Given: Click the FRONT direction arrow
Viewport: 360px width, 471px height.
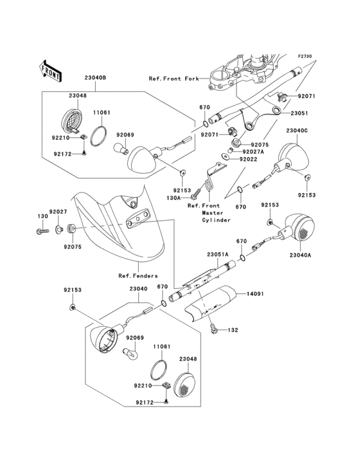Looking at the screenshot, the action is coord(50,71).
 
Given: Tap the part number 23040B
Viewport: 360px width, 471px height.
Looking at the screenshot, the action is coord(95,77).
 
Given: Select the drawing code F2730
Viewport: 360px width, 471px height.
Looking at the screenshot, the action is coord(305,56).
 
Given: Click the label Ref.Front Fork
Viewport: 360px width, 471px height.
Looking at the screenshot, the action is coord(174,78).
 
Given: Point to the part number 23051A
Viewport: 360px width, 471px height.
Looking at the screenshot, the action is coord(217,254).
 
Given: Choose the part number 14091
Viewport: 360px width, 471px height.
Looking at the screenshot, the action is coord(255,293).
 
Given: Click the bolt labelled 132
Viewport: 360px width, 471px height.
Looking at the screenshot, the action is coord(213,330).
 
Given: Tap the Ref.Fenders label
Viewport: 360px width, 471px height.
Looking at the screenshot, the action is coord(138,275).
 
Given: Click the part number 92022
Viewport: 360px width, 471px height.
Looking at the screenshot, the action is coord(248,159).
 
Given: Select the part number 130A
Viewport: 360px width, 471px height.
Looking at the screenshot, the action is coord(174,198).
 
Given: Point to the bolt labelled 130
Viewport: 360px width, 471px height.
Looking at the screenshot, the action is coord(42,231).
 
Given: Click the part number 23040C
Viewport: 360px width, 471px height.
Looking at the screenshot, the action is coord(297,131).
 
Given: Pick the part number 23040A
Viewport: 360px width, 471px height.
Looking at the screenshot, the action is coord(300,255).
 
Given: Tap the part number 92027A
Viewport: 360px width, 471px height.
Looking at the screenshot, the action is coord(253,152).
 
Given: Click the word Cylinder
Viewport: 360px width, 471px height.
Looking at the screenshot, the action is coord(216,220).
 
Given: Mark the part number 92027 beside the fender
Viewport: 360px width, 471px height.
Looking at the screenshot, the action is coord(59,212).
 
